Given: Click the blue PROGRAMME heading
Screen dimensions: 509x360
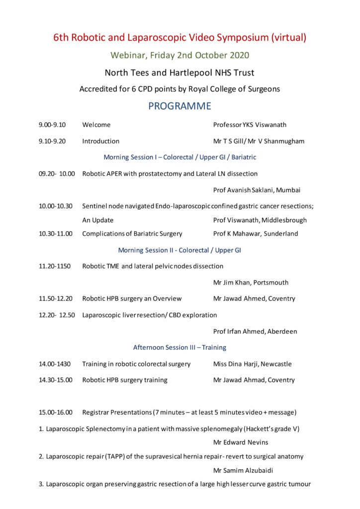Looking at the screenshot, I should [x=180, y=106].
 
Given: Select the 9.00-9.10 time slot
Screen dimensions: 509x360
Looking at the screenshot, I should [x=52, y=125].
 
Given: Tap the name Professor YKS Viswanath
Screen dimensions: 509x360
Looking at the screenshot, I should [x=250, y=125].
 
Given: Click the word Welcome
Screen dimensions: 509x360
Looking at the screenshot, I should [x=96, y=125].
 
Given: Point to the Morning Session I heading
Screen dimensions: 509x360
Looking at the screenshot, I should [x=180, y=157].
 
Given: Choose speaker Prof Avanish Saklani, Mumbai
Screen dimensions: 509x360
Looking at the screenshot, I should [x=257, y=190].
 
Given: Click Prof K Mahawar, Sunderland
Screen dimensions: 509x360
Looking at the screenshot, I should [x=256, y=234].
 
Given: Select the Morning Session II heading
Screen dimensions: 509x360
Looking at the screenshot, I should [x=180, y=250].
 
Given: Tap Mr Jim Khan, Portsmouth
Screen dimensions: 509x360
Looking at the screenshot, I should [x=251, y=282].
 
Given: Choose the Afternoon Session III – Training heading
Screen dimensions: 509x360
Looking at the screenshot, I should [x=180, y=347].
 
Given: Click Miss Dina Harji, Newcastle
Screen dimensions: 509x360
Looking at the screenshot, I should [x=252, y=364].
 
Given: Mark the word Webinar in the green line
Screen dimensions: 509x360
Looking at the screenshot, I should [x=129, y=55].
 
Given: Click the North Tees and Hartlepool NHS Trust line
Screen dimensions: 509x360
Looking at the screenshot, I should [x=180, y=73].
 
